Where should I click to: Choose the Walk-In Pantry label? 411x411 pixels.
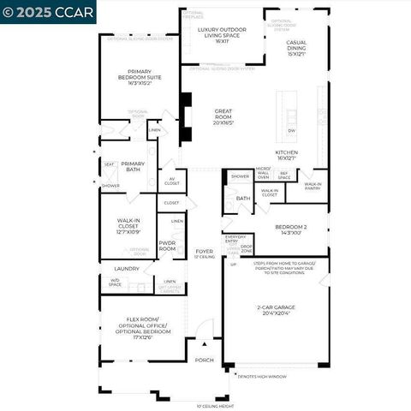pos(313,185)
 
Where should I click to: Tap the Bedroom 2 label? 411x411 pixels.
pos(292,229)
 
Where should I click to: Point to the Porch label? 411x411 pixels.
pos(204,360)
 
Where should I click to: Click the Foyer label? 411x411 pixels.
pos(204,253)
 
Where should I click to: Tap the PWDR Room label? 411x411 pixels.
pos(167,246)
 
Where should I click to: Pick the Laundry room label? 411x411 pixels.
pos(127,269)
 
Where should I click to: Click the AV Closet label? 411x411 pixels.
pos(171,181)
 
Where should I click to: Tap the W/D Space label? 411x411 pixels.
pos(116,282)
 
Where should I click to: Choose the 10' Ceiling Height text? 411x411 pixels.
pos(215,406)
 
